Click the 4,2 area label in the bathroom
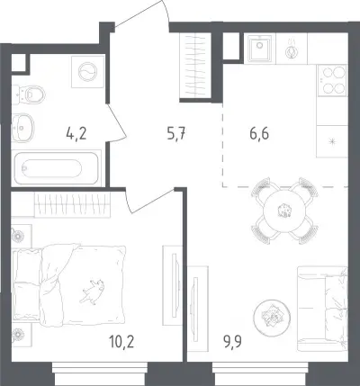coord(76,133)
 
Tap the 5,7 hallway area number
coord(176,133)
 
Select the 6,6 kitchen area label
coord(259,133)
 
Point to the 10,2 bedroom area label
coord(121,342)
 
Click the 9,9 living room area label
coord(232,341)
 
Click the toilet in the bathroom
coord(29,94)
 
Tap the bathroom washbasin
coord(22,128)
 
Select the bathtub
coord(56,168)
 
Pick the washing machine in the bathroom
coord(87,72)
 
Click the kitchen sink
coord(259,48)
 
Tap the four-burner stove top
coord(332,80)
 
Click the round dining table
coord(283,211)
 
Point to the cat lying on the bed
coord(92,291)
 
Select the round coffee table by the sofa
coord(272,318)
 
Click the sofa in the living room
coord(322,309)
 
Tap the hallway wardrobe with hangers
coord(195,66)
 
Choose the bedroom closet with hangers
coord(72,204)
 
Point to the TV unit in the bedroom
coord(172,285)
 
